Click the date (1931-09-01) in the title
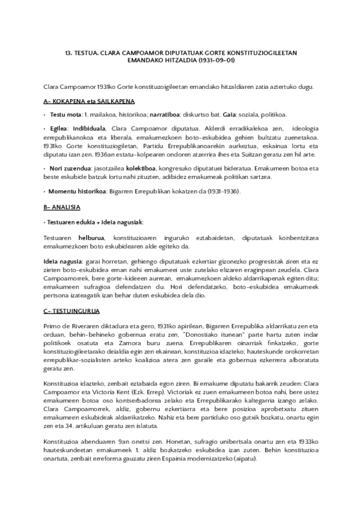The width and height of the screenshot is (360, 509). click(218, 61)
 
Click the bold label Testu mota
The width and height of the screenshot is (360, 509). click(65, 114)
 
